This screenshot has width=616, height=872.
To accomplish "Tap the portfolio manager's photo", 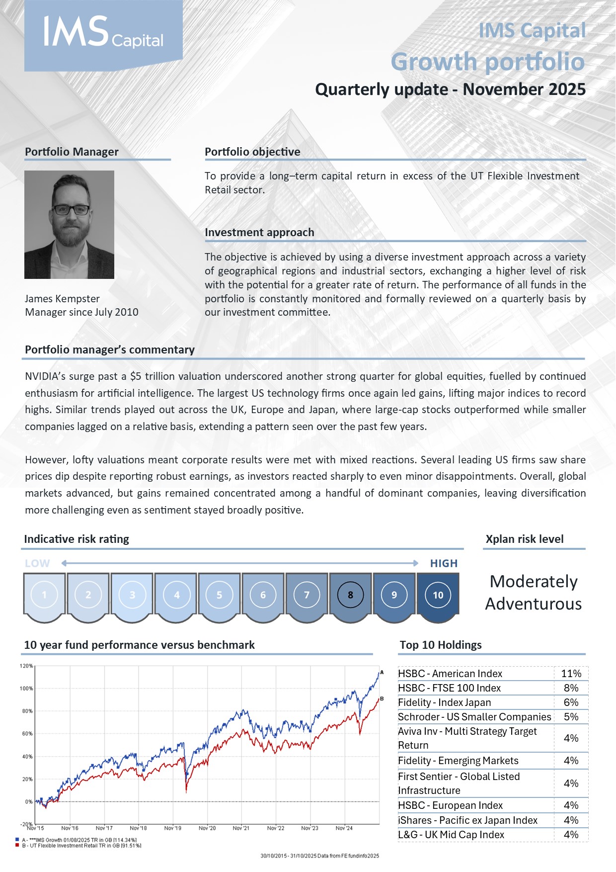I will tap(69, 224).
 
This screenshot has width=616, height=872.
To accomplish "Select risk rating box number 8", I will tap(350, 595).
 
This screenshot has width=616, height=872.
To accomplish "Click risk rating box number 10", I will tap(438, 595).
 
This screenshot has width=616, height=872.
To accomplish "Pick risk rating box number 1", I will tap(44, 595).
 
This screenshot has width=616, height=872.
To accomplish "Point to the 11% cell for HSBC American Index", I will tap(571, 674).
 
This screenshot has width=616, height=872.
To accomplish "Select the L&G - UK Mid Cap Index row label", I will tap(451, 835).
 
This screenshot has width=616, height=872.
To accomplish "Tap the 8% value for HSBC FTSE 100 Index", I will tap(571, 688).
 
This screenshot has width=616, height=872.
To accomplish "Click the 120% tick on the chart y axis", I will tap(26, 666).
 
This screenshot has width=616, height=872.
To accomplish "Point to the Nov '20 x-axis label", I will tap(207, 828).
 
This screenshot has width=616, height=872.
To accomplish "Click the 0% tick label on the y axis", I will tap(28, 802).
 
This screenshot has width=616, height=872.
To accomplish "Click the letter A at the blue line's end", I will tap(382, 673).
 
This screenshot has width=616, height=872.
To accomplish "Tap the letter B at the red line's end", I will tap(382, 699).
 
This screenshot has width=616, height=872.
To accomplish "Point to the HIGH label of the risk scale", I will tap(444, 563).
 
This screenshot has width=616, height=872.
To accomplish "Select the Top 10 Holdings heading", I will tap(441, 645).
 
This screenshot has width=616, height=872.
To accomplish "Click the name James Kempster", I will tap(62, 299).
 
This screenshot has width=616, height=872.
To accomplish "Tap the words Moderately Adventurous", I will tap(534, 593).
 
